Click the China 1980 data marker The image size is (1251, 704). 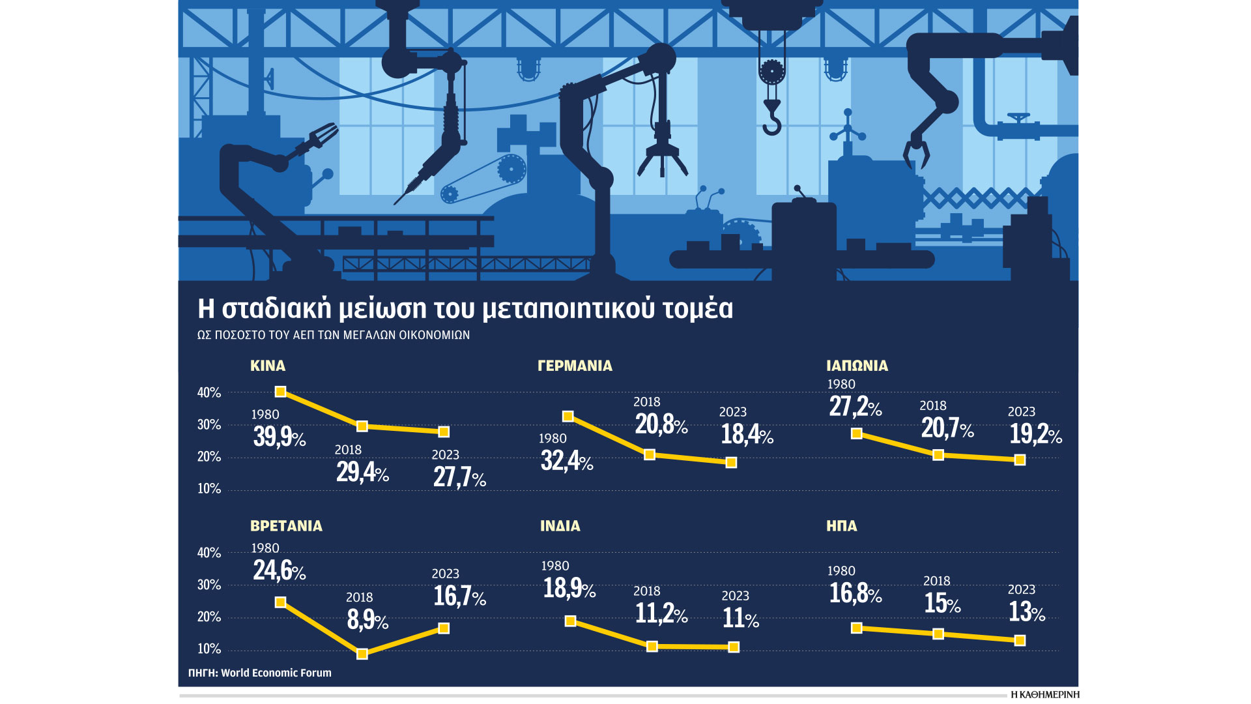[x=280, y=392]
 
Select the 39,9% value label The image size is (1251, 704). [x=280, y=437]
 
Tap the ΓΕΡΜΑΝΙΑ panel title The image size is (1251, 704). [x=575, y=366]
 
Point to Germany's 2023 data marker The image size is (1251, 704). [x=731, y=462]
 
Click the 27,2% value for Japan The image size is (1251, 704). [x=855, y=407]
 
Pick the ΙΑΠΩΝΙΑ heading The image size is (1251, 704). [x=857, y=366]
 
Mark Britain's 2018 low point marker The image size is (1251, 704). [x=362, y=654]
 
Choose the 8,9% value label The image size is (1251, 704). [x=367, y=620]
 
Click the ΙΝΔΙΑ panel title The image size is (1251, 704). [x=560, y=526]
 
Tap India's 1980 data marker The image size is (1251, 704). [x=570, y=621]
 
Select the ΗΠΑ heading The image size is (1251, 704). [x=841, y=526]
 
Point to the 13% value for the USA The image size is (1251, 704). [x=1026, y=612]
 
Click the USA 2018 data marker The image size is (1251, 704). [x=938, y=634]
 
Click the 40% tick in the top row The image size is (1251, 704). [x=209, y=392]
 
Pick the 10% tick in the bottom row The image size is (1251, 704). [x=209, y=649]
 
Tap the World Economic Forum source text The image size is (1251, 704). [x=276, y=673]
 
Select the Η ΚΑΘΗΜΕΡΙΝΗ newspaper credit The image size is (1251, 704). [x=1044, y=695]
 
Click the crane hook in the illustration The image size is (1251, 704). [x=772, y=121]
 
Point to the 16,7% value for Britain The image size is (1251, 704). [x=459, y=596]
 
